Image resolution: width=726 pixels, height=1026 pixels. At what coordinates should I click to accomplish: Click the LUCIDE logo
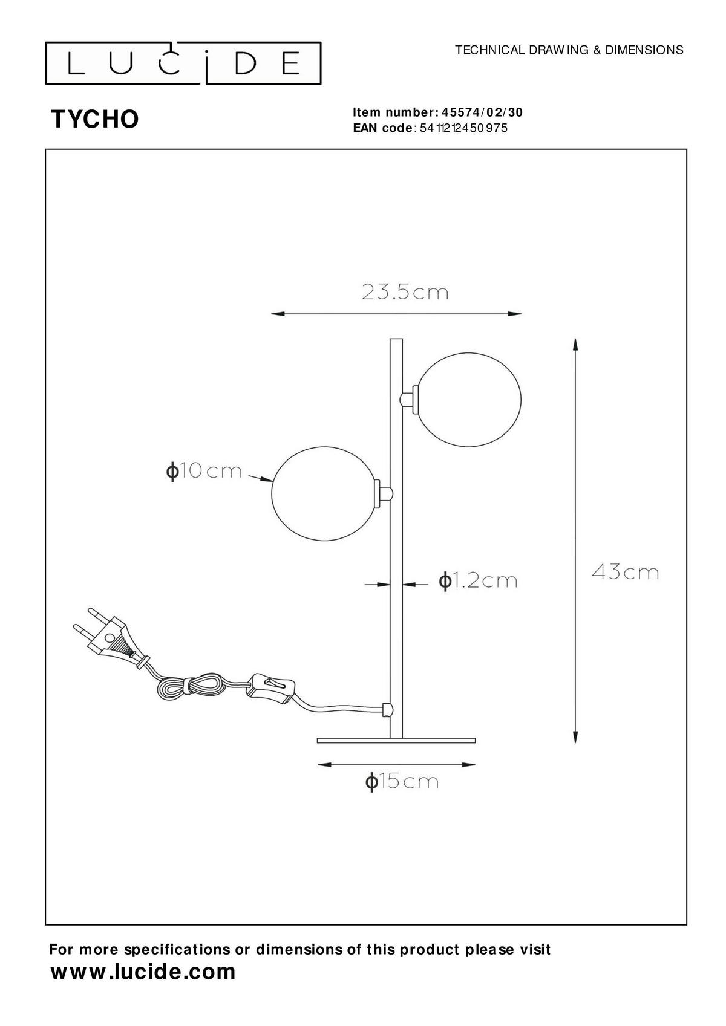coord(183,63)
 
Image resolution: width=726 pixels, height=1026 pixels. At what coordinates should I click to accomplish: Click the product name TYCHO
coord(95,120)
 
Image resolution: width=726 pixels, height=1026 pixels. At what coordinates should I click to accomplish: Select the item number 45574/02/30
coord(482,112)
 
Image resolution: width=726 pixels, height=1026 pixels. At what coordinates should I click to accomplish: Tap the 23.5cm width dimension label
coord(405,292)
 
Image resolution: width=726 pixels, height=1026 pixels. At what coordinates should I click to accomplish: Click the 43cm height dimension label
coord(625,572)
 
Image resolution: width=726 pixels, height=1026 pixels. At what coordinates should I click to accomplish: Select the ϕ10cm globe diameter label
coord(204,472)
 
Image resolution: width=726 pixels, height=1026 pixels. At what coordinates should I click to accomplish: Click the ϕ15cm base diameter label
coord(402,781)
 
